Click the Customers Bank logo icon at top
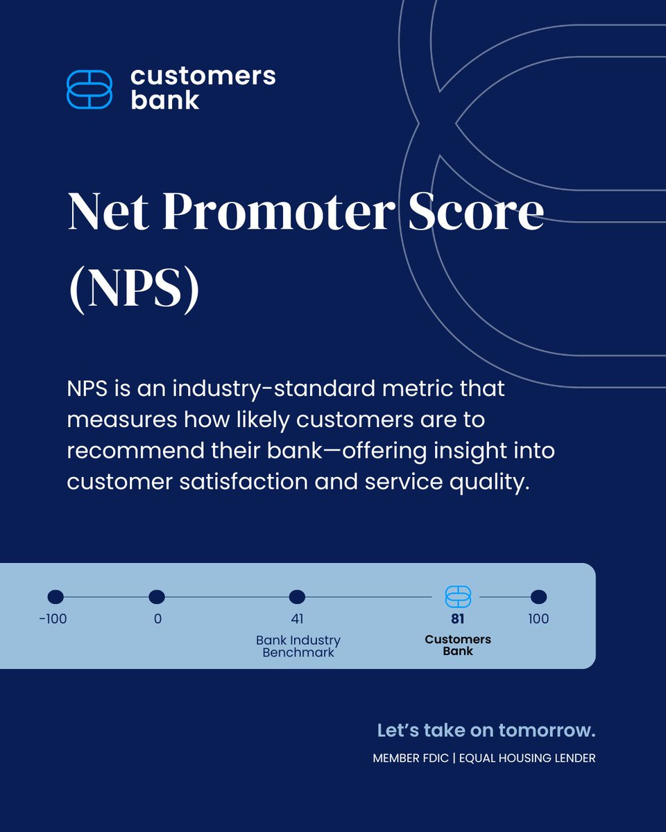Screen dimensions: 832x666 pyautogui.click(x=89, y=89)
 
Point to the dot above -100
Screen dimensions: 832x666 pyautogui.click(x=55, y=596)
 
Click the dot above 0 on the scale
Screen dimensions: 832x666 pyautogui.click(x=157, y=596)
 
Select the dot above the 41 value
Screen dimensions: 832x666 pyautogui.click(x=297, y=596)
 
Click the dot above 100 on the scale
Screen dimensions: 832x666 pyautogui.click(x=538, y=596)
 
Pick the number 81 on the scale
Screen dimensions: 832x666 pyautogui.click(x=458, y=618)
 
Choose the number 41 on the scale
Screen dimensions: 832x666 pyautogui.click(x=297, y=618)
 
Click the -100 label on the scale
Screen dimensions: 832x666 pyautogui.click(x=53, y=618)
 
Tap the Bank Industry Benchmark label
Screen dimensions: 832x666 pyautogui.click(x=298, y=646)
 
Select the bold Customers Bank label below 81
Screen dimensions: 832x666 pyautogui.click(x=458, y=645)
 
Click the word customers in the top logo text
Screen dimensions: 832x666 pyautogui.click(x=203, y=76)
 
